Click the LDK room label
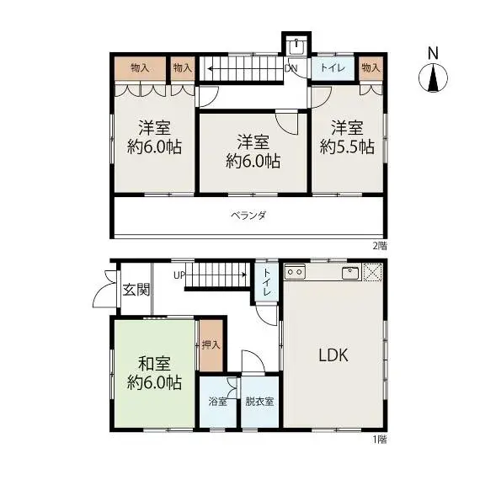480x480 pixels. point(333,355)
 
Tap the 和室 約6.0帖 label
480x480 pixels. point(154,373)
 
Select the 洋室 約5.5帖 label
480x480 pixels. point(347,137)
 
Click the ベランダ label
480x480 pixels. point(248,216)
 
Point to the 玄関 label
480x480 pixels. point(136,290)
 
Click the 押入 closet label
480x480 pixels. point(211,345)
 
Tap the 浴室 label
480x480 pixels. point(217,402)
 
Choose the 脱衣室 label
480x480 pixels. point(259,402)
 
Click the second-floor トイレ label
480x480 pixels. point(333,67)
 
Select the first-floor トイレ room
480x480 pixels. point(266,283)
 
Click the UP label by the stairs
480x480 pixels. point(179,275)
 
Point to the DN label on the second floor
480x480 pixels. point(291,68)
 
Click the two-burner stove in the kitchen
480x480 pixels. point(295,271)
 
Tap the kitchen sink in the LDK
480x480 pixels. point(350,272)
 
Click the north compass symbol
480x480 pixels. point(433,77)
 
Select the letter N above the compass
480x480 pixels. point(433,53)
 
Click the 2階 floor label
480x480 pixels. point(380,246)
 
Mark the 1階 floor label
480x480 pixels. point(380,440)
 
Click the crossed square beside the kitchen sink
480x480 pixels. point(372,272)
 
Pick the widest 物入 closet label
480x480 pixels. point(140,67)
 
